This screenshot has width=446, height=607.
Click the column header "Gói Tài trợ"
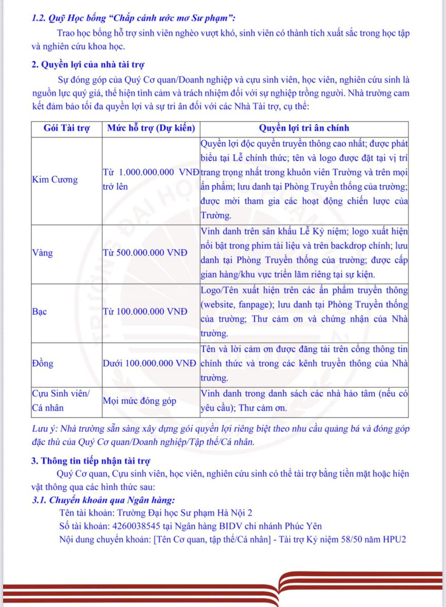click(66, 128)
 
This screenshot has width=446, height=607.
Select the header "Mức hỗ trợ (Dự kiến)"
click(151, 128)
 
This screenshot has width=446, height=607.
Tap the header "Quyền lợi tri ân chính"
click(304, 128)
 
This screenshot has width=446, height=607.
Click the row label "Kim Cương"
click(55, 179)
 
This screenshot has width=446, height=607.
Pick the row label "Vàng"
click(42, 253)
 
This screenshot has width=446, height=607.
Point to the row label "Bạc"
click(39, 312)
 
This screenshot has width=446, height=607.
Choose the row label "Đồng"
click(42, 363)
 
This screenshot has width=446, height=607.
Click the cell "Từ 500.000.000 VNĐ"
click(145, 253)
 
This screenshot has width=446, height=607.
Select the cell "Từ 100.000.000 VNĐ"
click(145, 312)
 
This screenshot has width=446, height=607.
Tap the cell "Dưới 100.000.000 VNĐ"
click(149, 363)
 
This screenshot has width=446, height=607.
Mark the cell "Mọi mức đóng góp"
click(140, 401)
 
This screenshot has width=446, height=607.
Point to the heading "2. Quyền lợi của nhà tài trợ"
click(88, 65)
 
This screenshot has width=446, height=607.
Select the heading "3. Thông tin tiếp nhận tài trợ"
click(91, 461)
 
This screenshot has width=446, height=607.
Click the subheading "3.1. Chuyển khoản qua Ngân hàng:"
click(103, 500)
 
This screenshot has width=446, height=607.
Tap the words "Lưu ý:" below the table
click(45, 429)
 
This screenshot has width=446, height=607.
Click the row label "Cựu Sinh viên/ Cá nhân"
click(61, 400)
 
